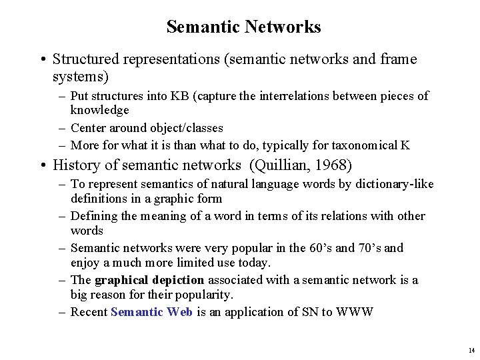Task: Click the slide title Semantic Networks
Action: click(243, 27)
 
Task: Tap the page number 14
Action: click(471, 350)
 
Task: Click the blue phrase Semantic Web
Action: click(151, 312)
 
